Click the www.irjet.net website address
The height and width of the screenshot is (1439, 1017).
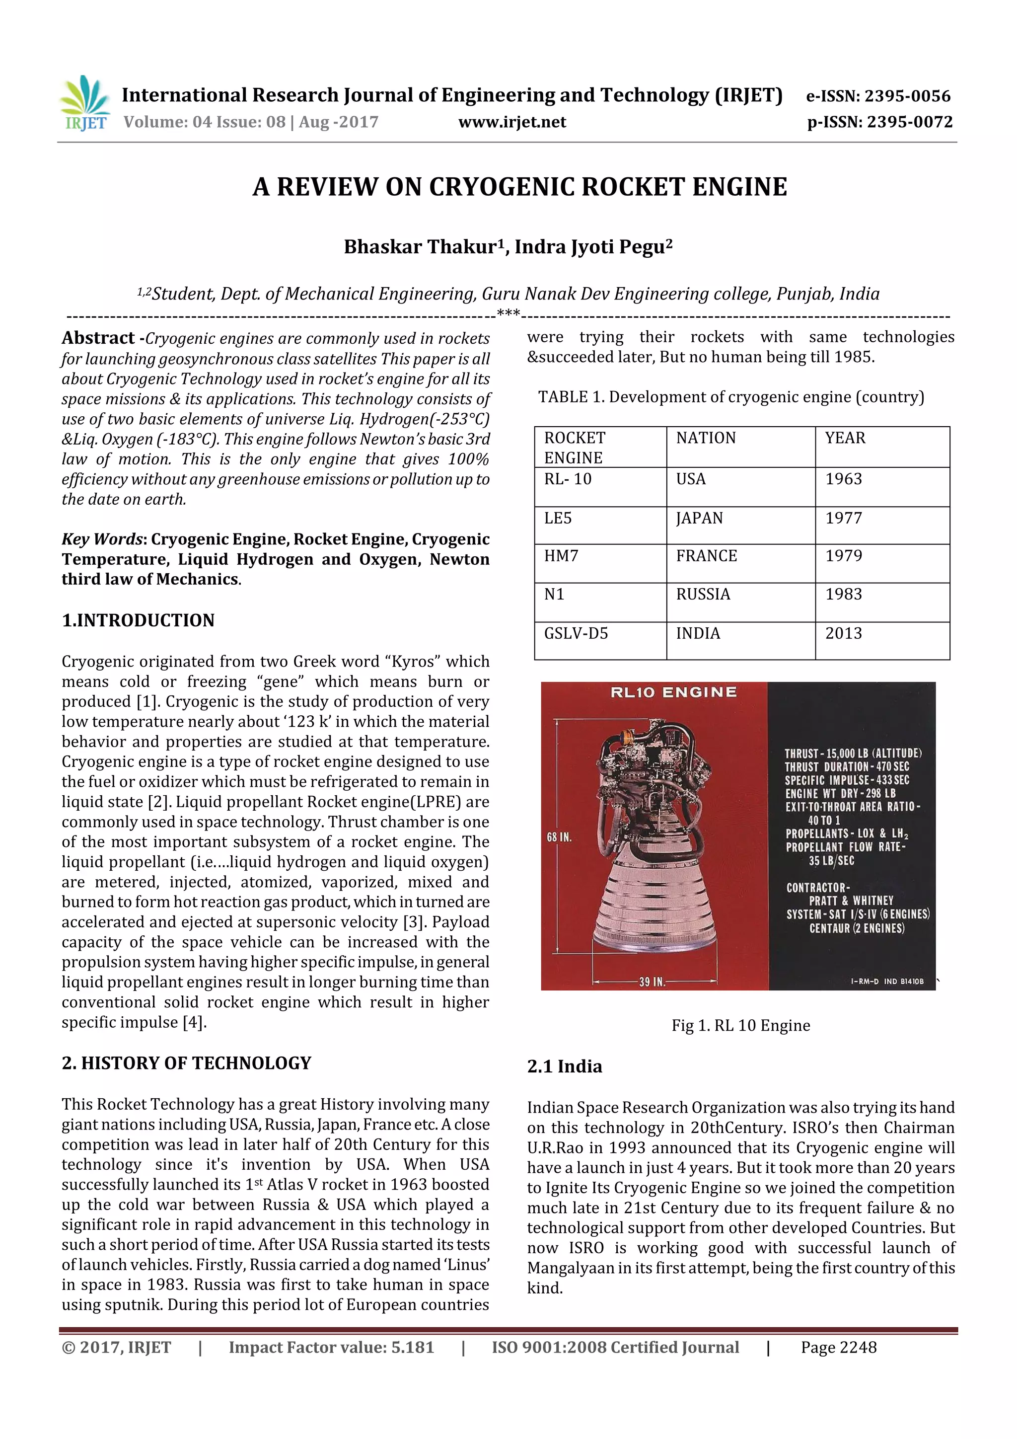pos(512,122)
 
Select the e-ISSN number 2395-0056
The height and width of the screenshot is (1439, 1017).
pos(878,96)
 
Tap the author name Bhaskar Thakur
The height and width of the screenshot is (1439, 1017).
pos(420,247)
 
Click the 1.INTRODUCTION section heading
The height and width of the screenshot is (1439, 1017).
pos(138,620)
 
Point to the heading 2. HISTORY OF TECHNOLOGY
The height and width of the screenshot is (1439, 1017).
pos(186,1063)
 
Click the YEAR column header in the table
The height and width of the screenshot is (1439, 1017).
pos(845,438)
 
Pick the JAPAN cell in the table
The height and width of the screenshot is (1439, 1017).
pos(699,518)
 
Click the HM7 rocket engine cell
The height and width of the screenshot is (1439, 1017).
pos(561,556)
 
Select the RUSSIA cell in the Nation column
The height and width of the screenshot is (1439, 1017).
pos(703,594)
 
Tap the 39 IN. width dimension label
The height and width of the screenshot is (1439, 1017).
pos(652,982)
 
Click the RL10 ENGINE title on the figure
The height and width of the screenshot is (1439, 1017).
pos(674,692)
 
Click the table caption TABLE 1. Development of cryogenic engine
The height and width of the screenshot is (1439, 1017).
pos(730,397)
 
